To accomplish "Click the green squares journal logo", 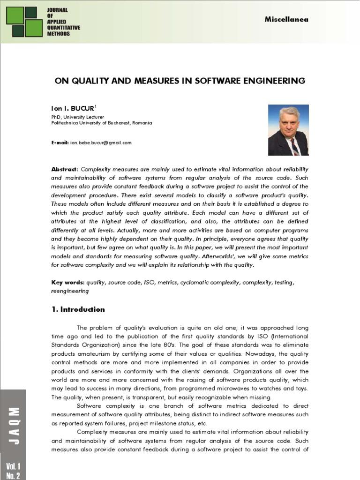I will tap(24, 22).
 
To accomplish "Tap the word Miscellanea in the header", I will tap(286, 19).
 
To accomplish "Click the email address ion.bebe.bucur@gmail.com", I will tap(101, 142).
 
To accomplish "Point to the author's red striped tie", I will tap(294, 147).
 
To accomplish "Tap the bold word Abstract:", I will tap(65, 169).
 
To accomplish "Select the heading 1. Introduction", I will tap(78, 309).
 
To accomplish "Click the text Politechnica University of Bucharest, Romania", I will tap(101, 123).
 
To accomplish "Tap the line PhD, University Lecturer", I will tap(77, 117).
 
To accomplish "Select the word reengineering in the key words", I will tap(69, 291).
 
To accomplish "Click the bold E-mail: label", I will tap(60, 142).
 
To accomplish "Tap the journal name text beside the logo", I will tap(63, 22).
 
